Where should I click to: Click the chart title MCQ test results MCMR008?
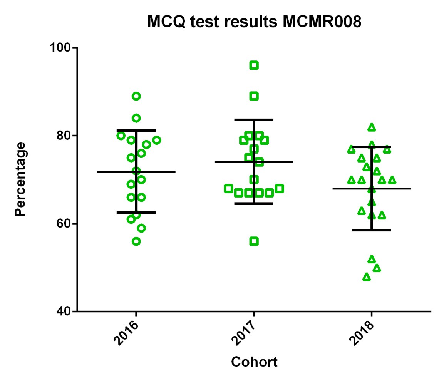(x=255, y=22)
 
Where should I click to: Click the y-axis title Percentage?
(x=21, y=179)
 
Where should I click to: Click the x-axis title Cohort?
(x=254, y=362)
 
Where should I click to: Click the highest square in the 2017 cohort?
(x=254, y=65)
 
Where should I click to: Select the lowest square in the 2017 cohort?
(x=254, y=241)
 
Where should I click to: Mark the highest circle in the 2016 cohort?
(x=136, y=96)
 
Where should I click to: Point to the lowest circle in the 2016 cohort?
(x=136, y=241)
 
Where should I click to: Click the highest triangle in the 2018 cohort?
(x=372, y=127)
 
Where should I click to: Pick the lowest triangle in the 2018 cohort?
(x=367, y=277)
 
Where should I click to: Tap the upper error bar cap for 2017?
(x=254, y=120)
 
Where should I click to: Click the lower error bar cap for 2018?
(x=372, y=230)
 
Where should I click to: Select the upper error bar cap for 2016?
(x=136, y=130)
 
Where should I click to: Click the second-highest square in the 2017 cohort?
(x=254, y=96)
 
